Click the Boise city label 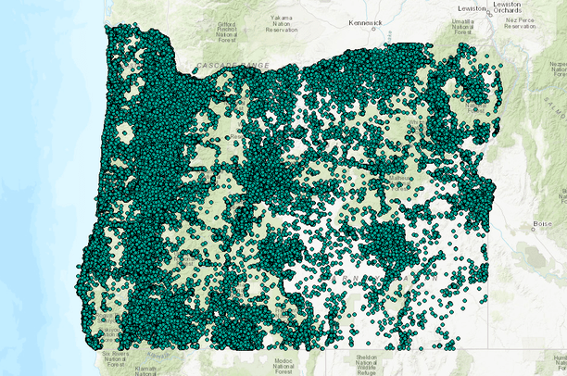coord(544,223)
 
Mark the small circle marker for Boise coord(534,229)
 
